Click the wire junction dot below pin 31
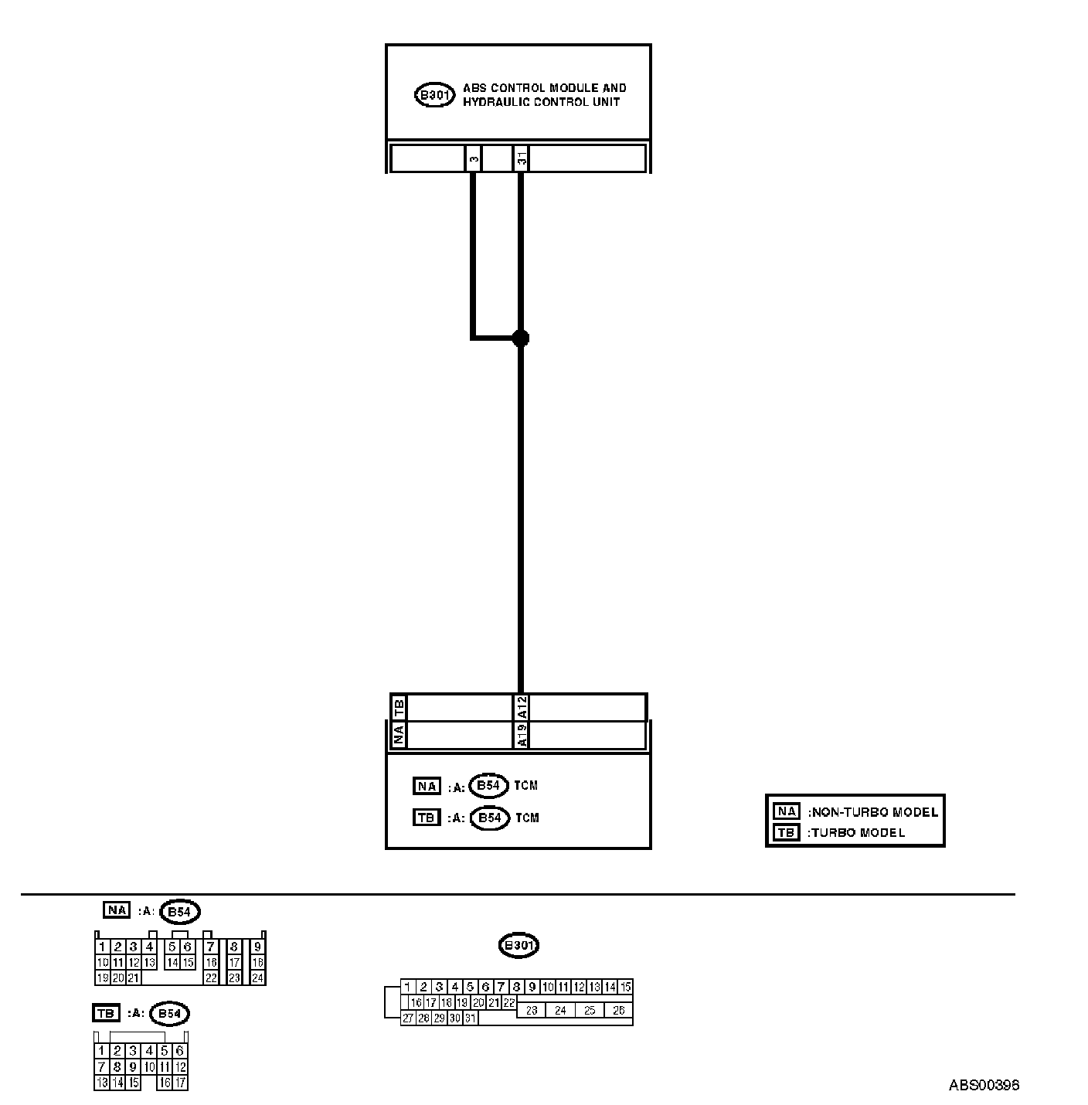click(x=521, y=338)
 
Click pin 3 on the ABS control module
click(x=474, y=158)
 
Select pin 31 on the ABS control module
click(x=522, y=158)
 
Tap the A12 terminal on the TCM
click(x=522, y=707)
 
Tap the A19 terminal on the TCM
click(x=522, y=736)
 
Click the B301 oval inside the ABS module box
click(x=434, y=96)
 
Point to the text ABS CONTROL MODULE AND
click(x=544, y=88)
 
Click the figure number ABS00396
click(x=984, y=1085)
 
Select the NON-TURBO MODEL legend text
click(x=873, y=812)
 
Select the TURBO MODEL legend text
click(x=856, y=833)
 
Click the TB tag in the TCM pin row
click(x=399, y=707)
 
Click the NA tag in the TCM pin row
click(x=399, y=736)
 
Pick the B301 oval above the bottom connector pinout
click(x=518, y=945)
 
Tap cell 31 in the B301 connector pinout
click(x=471, y=1018)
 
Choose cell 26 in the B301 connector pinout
click(x=618, y=1010)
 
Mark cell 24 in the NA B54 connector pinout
click(x=258, y=977)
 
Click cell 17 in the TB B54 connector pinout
click(x=180, y=1083)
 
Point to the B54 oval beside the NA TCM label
click(x=489, y=786)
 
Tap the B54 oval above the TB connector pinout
click(x=169, y=1014)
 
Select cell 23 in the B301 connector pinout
click(x=532, y=1010)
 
